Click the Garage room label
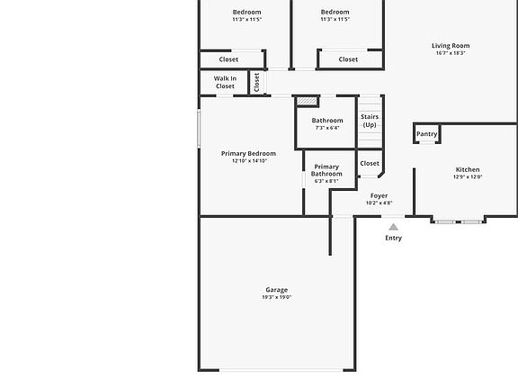(276, 290)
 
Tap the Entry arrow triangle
(393, 227)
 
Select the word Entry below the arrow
(394, 239)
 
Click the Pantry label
(427, 134)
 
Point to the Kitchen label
(468, 169)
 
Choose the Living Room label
(451, 46)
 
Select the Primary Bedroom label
(248, 154)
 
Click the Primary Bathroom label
(326, 170)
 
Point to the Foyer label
(380, 195)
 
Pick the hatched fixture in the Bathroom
(307, 102)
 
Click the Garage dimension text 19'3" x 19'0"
(277, 298)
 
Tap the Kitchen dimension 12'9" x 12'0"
(468, 177)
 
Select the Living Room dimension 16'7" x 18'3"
(451, 54)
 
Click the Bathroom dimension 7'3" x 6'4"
(327, 128)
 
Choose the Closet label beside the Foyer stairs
(370, 163)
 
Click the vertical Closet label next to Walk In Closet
(256, 82)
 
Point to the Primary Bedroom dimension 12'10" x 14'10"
(249, 161)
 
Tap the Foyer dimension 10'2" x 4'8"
(380, 204)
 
